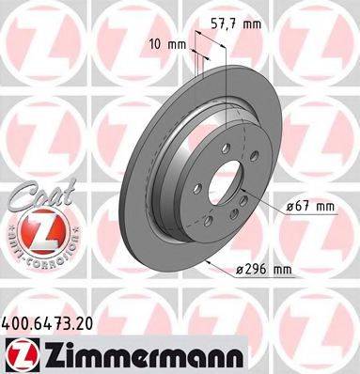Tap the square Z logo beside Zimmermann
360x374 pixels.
[21, 351]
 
